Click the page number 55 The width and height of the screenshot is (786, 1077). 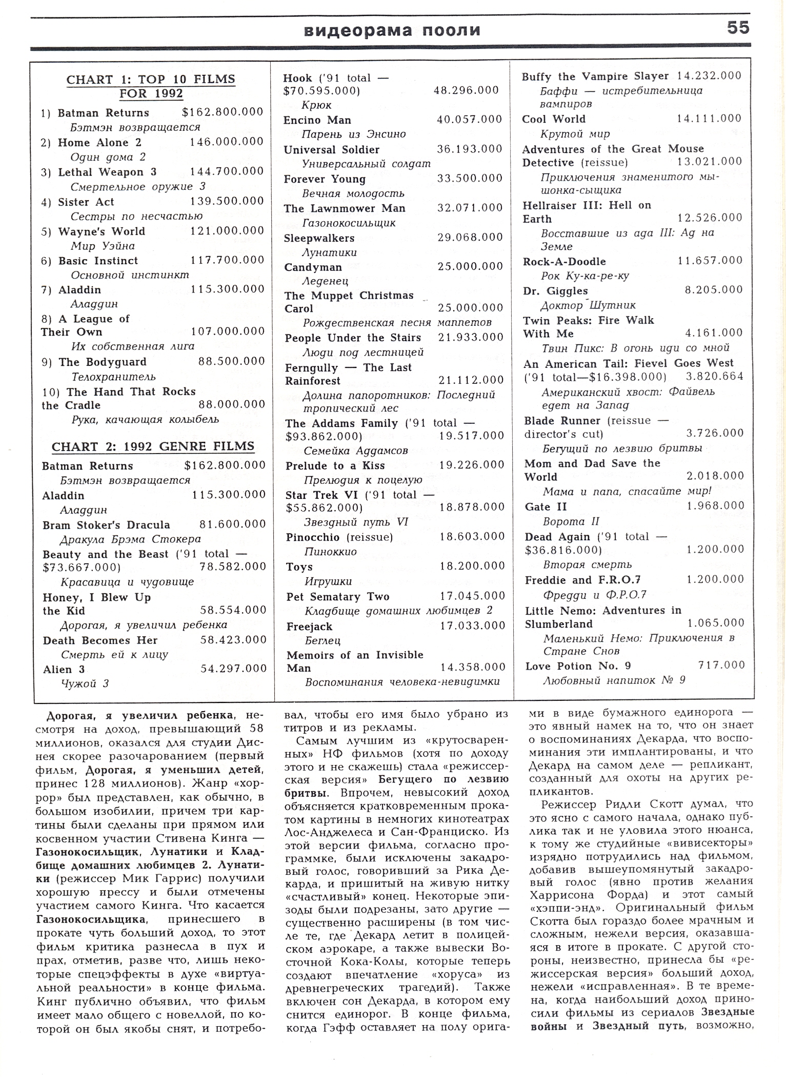pos(738,28)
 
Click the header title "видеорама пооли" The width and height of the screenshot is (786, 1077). pos(393,31)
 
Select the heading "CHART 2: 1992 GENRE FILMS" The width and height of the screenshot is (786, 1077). pos(153,446)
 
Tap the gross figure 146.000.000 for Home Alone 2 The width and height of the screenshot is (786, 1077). pos(227,142)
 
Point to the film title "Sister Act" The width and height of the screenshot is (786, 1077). pos(86,202)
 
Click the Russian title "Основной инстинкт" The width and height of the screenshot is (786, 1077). pos(130,275)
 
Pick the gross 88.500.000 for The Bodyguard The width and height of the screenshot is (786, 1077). pos(231,361)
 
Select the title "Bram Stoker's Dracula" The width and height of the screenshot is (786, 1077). pos(106,525)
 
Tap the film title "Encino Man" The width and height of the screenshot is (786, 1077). pos(317,120)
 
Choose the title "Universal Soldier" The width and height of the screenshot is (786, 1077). pos(332,150)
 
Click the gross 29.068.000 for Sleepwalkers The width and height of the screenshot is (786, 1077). pos(470,237)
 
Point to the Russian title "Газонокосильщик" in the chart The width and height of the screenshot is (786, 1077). pos(349,223)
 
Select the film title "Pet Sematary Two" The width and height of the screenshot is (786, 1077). pos(338,597)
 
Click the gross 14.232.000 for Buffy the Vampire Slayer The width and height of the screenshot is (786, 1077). pos(709,76)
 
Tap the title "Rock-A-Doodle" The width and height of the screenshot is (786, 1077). pos(564,262)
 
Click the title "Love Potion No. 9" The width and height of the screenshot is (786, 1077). pos(578,666)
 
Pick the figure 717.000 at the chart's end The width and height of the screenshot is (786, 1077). pos(721,665)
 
